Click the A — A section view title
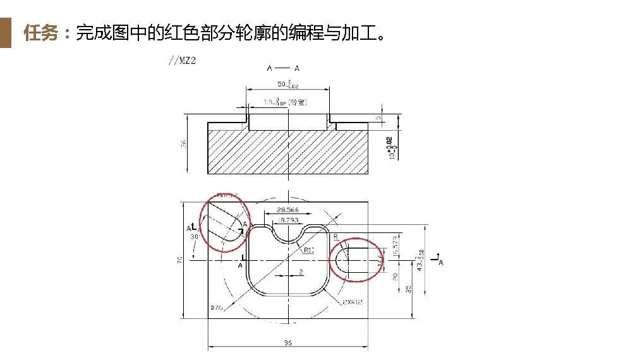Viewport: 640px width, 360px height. (283, 68)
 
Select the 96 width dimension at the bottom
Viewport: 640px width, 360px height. (287, 343)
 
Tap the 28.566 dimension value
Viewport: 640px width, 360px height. (287, 209)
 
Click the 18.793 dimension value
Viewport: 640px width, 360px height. (289, 220)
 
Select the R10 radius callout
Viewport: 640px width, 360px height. (309, 250)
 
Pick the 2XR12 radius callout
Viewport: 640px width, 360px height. (352, 302)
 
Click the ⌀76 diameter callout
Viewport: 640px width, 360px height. (216, 308)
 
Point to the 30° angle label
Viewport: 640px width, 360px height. (195, 237)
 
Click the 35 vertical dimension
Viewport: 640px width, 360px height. (409, 289)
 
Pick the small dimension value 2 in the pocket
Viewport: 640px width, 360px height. (301, 272)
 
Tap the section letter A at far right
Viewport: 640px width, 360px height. (440, 263)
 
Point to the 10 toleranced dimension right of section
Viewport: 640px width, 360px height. (392, 148)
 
